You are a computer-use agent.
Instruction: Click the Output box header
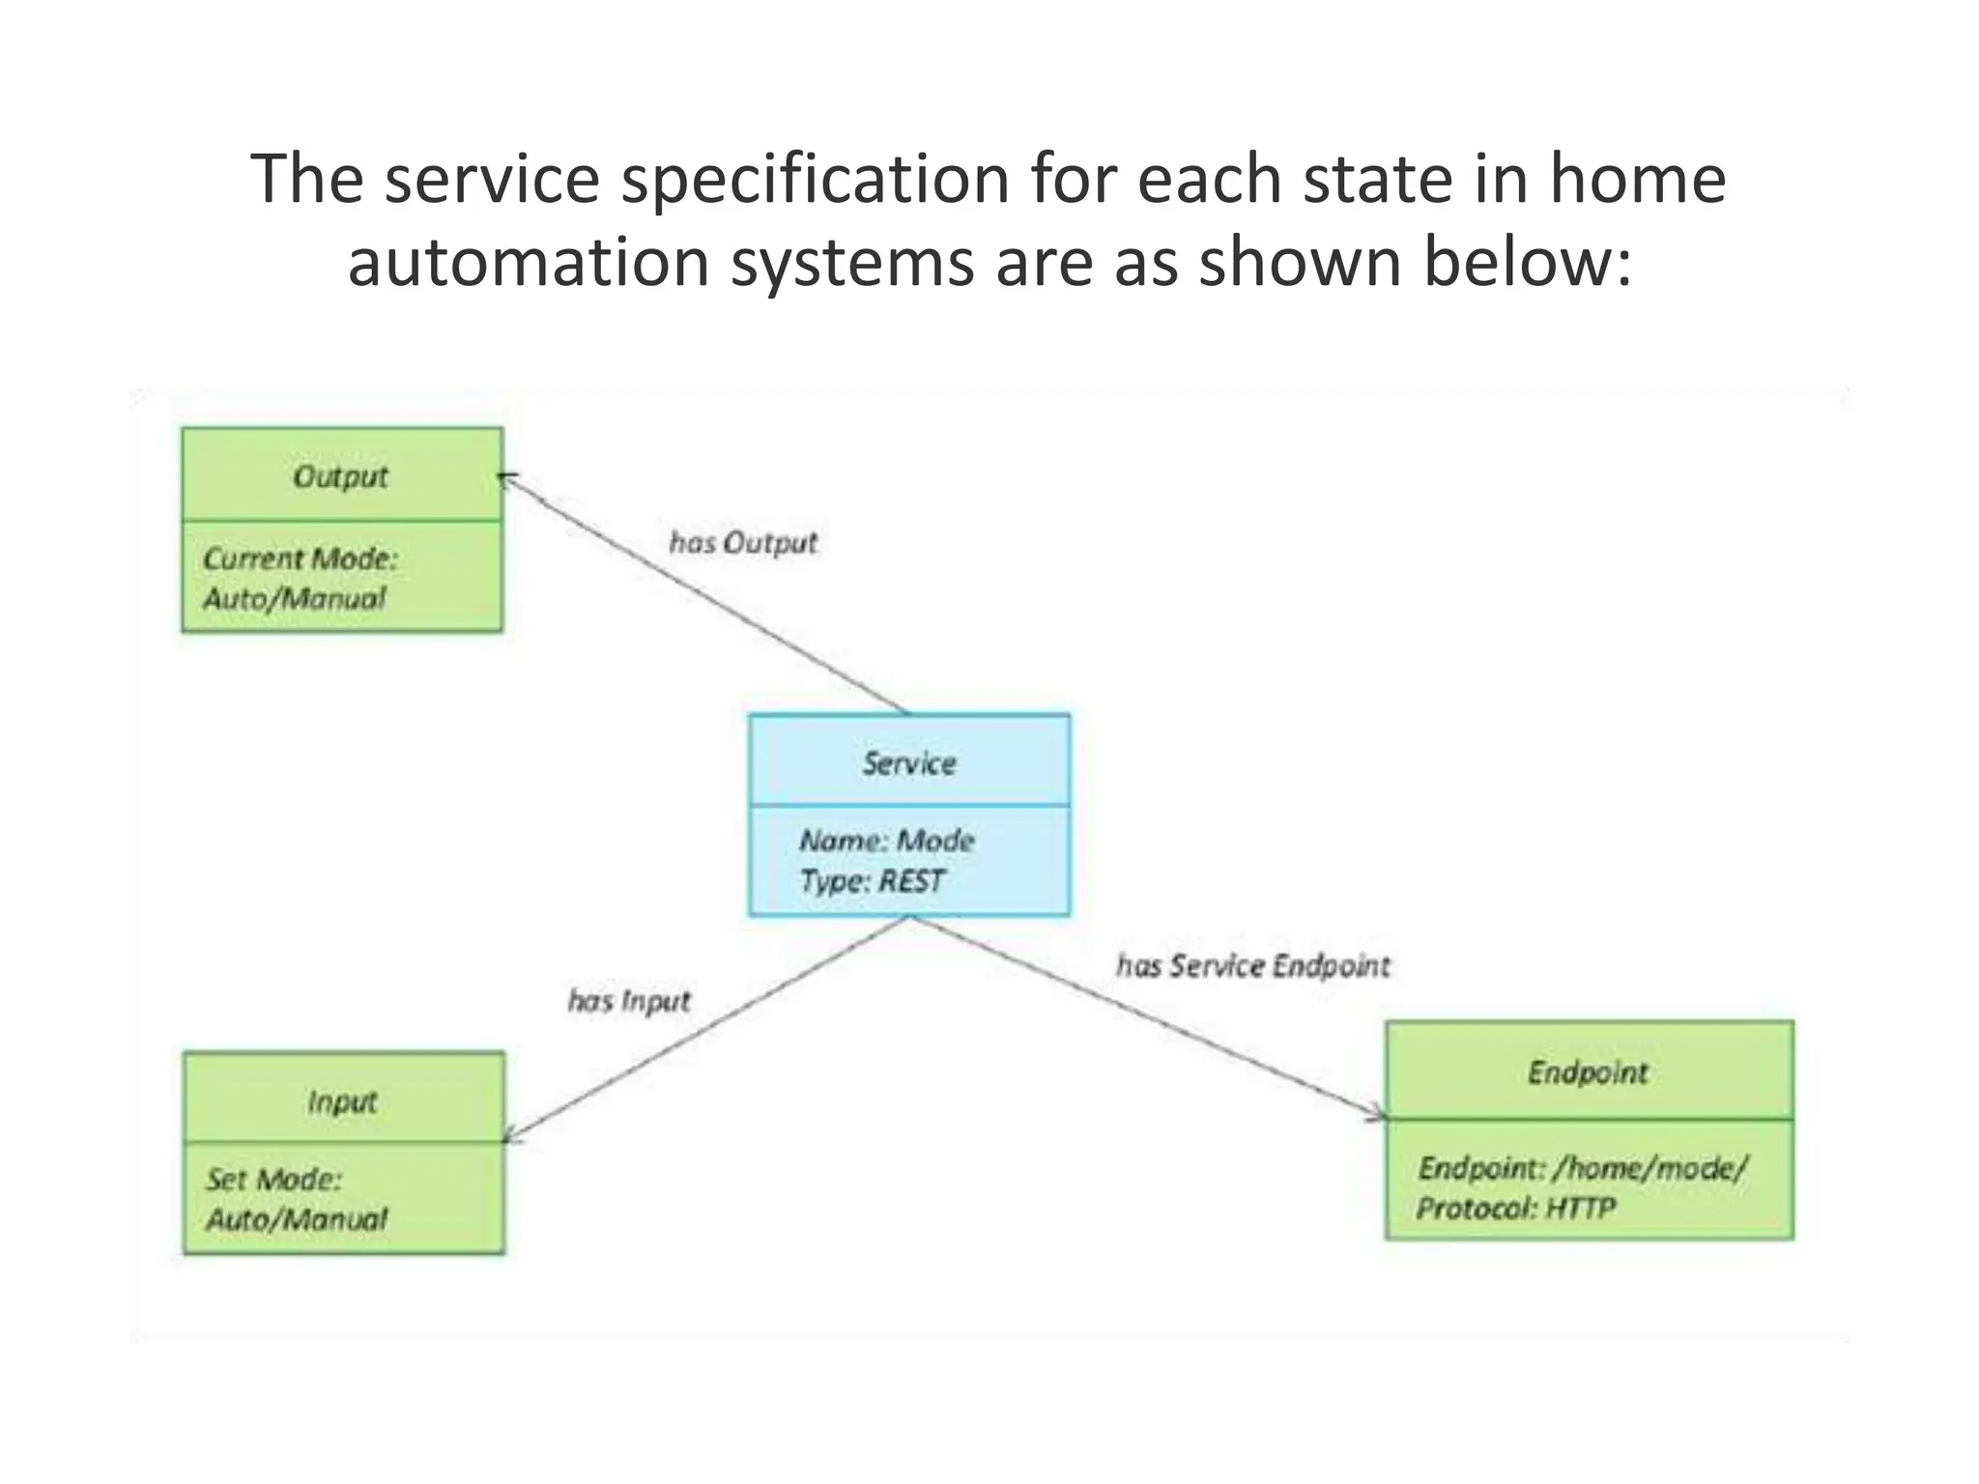click(341, 476)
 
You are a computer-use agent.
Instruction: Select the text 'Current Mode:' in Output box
click(301, 558)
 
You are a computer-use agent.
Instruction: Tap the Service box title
click(908, 763)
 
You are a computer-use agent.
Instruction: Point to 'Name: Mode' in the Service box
click(886, 841)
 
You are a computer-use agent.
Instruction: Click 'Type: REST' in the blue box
click(872, 881)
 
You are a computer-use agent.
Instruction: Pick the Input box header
click(342, 1101)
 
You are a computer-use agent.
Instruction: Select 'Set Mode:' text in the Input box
click(273, 1180)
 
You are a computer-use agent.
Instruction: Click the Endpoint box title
click(1588, 1072)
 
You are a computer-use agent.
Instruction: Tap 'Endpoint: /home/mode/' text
click(1583, 1168)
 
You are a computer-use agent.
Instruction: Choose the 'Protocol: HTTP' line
click(1515, 1209)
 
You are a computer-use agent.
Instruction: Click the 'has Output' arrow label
click(743, 543)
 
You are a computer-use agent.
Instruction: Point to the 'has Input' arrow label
click(629, 1001)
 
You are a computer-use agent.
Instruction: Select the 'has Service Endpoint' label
click(1253, 966)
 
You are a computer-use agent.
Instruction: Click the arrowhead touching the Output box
click(507, 478)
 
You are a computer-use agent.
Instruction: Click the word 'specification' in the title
click(815, 180)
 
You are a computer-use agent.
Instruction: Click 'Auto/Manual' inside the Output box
click(295, 599)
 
